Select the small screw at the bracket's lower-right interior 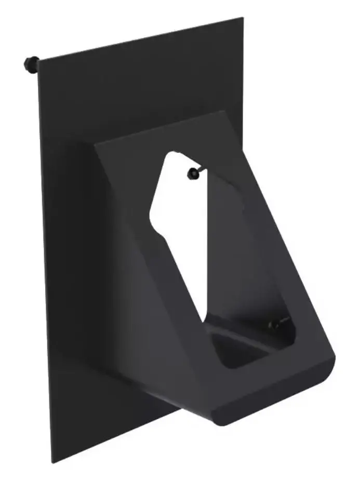(274, 325)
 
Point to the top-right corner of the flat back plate (243, 18)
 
